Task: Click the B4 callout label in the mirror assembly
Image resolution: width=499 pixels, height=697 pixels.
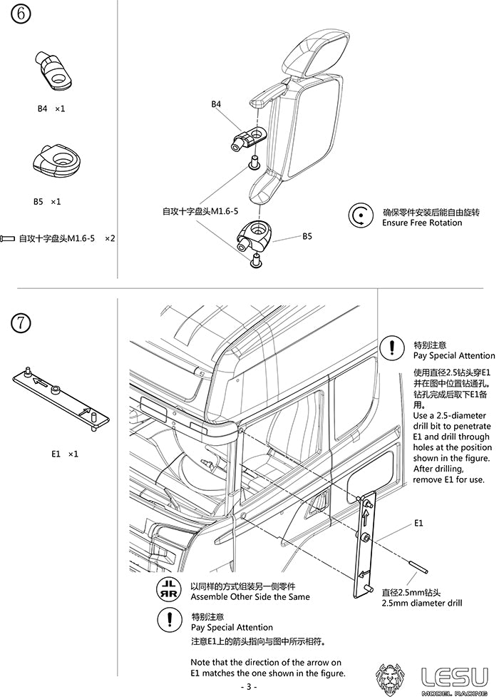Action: (x=216, y=104)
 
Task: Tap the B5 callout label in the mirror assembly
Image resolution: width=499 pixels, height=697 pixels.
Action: (x=307, y=236)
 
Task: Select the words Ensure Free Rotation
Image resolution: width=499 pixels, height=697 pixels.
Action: (x=422, y=223)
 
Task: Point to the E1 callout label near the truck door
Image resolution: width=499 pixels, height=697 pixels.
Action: (x=418, y=523)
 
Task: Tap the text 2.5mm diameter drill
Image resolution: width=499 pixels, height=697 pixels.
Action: (x=421, y=603)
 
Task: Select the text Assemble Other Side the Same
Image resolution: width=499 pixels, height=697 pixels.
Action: (x=250, y=596)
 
